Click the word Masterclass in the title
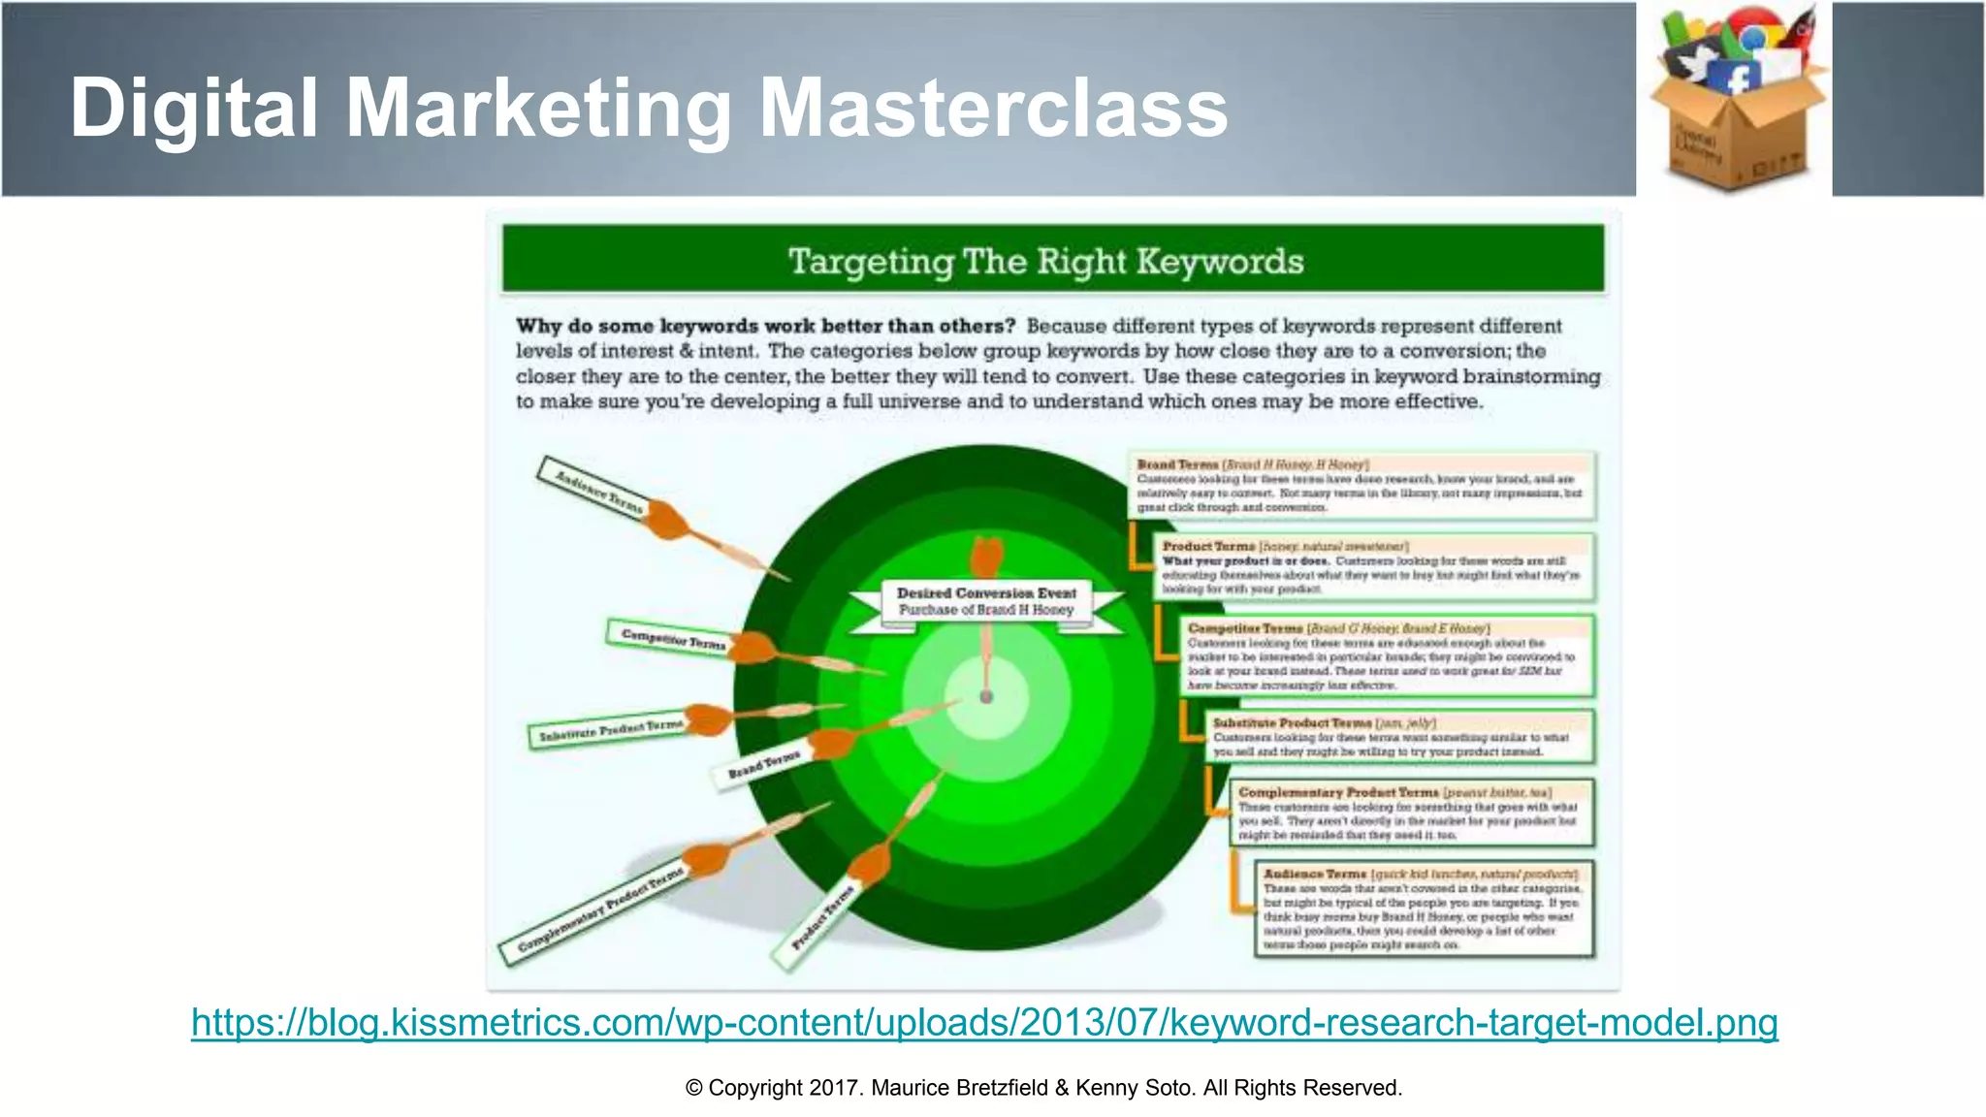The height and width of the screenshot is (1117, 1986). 993,109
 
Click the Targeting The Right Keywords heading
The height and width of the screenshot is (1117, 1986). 1045,262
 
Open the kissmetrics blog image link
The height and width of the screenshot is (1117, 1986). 984,1023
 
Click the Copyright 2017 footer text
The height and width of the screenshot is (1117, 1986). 1043,1088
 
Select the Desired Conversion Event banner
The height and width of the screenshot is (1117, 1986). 986,601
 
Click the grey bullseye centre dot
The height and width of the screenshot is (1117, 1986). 986,697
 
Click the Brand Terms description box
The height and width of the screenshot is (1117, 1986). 1361,485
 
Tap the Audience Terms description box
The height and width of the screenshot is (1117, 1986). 1424,910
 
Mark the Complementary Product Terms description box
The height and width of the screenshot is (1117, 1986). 1412,813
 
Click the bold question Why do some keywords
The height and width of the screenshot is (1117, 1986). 766,326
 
